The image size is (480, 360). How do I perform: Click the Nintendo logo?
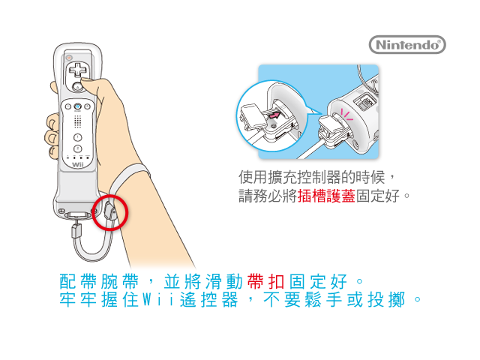coord(407,45)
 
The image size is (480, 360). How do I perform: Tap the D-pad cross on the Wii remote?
coord(78,70)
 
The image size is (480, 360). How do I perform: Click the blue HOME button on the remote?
coord(78,106)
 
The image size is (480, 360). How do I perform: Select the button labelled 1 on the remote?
coord(78,137)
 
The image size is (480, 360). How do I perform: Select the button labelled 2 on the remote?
coord(78,148)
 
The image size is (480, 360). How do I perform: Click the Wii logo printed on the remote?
coord(78,165)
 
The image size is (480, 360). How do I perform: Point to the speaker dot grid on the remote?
coord(78,121)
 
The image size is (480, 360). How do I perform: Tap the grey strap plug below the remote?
coord(76,230)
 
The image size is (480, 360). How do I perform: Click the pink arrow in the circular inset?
coord(273,115)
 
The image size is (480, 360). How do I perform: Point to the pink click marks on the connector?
coord(346,115)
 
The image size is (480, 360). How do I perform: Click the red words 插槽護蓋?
coord(326,196)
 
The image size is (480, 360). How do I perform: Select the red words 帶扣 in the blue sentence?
coord(265,281)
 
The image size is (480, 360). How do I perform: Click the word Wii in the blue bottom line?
coord(158,299)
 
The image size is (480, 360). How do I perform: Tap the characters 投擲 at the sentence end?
coord(387,299)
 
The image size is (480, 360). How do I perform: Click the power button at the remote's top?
coord(70,57)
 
